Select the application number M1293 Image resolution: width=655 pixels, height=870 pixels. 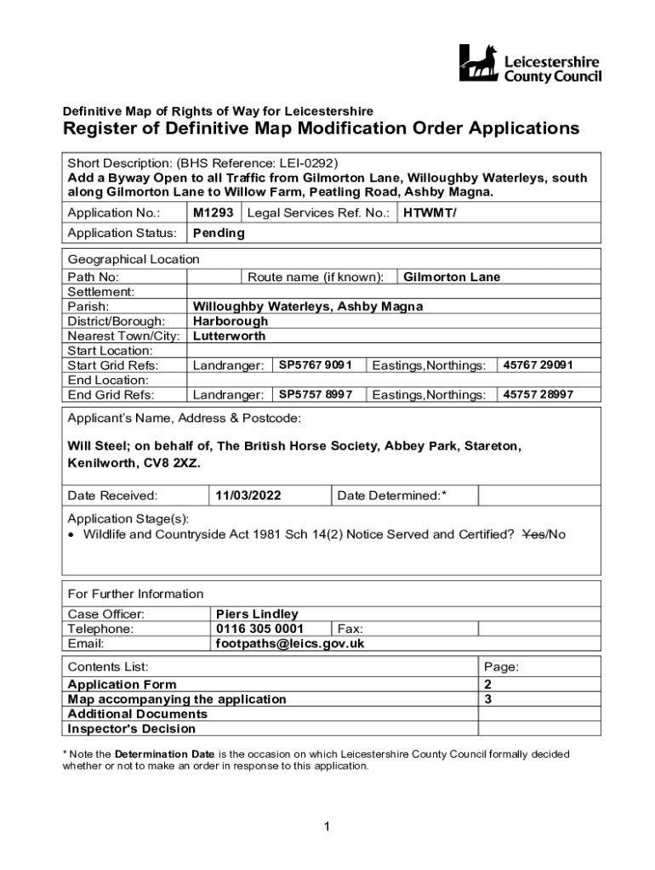[213, 212]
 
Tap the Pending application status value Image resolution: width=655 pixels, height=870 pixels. [219, 233]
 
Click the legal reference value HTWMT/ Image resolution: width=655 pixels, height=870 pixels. [430, 212]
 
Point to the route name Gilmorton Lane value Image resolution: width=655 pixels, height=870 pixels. [452, 277]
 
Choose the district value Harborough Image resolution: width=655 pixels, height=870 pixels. [231, 321]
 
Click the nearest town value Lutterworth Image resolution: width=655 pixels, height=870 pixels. [230, 336]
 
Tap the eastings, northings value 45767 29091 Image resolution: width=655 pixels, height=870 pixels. [538, 365]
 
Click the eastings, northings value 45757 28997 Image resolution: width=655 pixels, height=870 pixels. [538, 394]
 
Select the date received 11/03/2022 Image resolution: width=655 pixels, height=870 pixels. [248, 495]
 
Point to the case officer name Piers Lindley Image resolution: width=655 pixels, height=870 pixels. [258, 613]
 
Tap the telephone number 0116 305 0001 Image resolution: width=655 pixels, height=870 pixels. [259, 629]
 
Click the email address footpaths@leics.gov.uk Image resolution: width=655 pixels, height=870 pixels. [290, 643]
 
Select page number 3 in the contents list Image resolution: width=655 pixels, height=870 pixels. [487, 699]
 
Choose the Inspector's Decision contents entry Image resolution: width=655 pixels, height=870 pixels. [132, 728]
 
